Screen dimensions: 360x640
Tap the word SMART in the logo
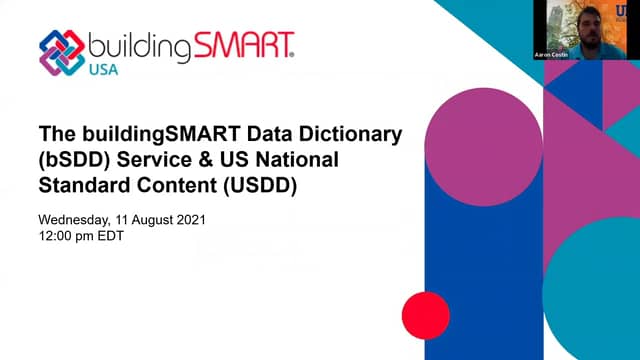[244, 45]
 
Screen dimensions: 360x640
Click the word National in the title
[287, 159]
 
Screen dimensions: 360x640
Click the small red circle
[425, 314]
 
